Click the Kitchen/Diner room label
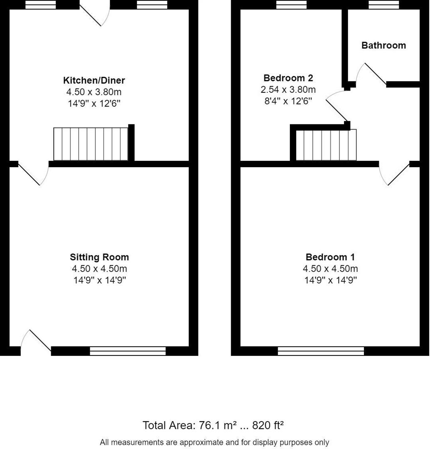pyautogui.click(x=94, y=80)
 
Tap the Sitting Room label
pyautogui.click(x=99, y=257)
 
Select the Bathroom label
pyautogui.click(x=383, y=45)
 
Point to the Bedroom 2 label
pyautogui.click(x=288, y=78)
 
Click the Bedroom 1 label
pyautogui.click(x=330, y=257)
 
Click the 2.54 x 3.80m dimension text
pyautogui.click(x=288, y=89)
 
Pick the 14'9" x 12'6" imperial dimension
pyautogui.click(x=94, y=104)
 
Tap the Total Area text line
pyautogui.click(x=213, y=425)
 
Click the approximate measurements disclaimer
pyautogui.click(x=215, y=442)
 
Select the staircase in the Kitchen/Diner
pyautogui.click(x=91, y=144)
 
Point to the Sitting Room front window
pyautogui.click(x=128, y=351)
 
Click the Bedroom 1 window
pyautogui.click(x=321, y=351)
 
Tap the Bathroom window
pyautogui.click(x=383, y=5)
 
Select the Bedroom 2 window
pyautogui.click(x=292, y=5)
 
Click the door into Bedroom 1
pyautogui.click(x=397, y=174)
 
